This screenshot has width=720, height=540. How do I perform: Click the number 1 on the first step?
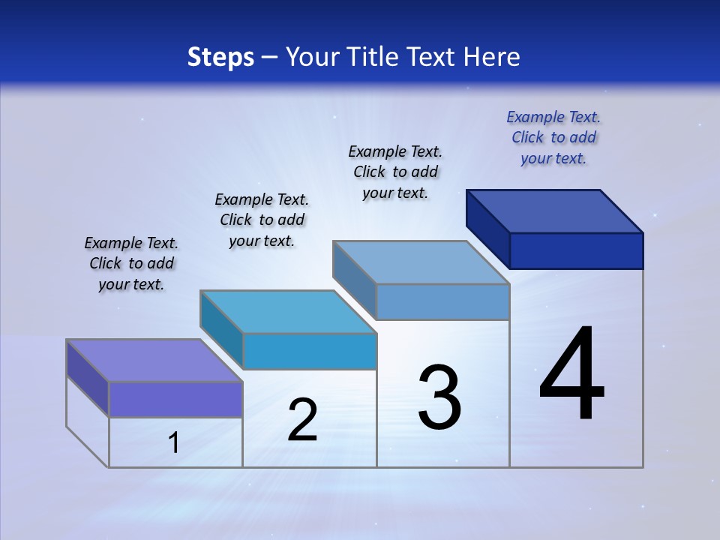173,443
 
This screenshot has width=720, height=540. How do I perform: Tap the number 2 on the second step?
302,420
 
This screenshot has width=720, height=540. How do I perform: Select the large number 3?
439,397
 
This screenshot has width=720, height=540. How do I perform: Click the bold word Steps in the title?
220,57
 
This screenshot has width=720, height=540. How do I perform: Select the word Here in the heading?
491,57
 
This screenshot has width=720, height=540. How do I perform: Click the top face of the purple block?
154,360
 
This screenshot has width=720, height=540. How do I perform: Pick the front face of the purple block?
175,399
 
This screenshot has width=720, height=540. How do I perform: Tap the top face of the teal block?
287,311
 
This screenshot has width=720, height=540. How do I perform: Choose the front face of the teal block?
310,351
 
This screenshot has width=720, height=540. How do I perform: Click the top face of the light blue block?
421,262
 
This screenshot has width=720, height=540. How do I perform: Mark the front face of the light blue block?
442,301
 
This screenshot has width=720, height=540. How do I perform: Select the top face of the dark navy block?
554,211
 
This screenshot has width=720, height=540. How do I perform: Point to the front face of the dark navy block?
576,250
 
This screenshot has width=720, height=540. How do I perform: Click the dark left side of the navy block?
487,229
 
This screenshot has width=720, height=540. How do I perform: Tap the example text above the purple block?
131,264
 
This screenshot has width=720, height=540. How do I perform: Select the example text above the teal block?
262,220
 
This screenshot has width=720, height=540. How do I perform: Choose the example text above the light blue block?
395,172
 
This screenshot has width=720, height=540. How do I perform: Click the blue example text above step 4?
553,137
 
